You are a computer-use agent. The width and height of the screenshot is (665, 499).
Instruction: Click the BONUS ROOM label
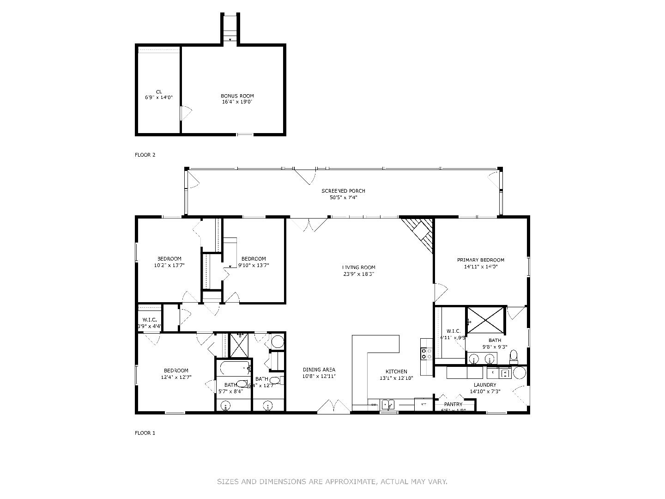237,96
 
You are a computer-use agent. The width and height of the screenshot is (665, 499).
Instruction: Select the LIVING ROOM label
358,267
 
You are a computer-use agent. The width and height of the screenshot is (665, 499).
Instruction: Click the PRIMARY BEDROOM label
480,260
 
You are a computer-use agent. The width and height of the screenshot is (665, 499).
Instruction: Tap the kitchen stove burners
426,354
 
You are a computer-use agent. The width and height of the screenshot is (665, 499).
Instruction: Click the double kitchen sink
387,405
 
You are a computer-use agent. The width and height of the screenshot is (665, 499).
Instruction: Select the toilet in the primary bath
514,357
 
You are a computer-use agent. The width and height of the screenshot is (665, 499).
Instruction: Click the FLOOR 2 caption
145,155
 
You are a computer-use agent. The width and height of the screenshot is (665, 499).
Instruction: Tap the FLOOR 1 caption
145,433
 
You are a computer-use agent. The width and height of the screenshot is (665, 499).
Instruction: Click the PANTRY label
453,404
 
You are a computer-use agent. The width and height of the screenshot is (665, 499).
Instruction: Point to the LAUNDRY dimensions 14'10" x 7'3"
485,391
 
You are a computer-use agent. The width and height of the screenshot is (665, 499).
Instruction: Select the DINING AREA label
319,370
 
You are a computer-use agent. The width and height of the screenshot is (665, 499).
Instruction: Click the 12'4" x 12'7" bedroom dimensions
176,377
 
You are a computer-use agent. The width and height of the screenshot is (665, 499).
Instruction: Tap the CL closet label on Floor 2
159,91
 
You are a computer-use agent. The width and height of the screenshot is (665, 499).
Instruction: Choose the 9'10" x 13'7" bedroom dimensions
254,265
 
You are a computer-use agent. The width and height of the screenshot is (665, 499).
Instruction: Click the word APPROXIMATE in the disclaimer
351,481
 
